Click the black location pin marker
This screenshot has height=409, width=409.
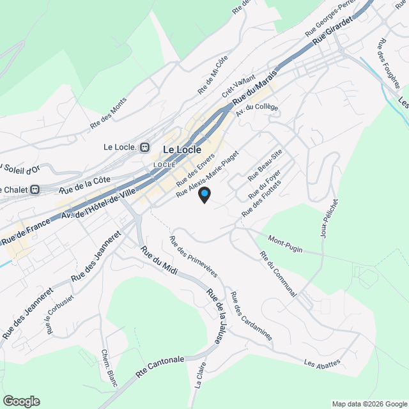pyautogui.click(x=204, y=195)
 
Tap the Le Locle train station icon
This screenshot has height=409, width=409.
pyautogui.click(x=145, y=148)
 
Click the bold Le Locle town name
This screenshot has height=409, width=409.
pyautogui.click(x=182, y=150)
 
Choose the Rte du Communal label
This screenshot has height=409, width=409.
pyautogui.click(x=278, y=274)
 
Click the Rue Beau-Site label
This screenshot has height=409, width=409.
pyautogui.click(x=265, y=166)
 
